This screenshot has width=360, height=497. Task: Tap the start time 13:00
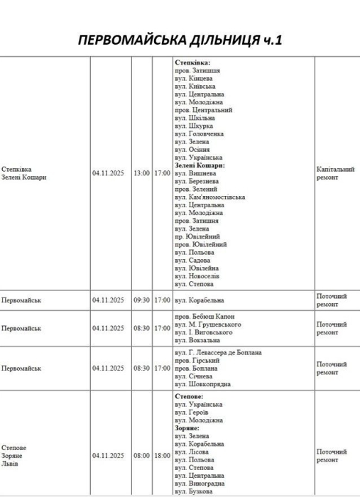pyautogui.click(x=142, y=173)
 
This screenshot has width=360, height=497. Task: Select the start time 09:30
pyautogui.click(x=142, y=300)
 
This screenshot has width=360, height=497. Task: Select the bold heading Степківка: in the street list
pyautogui.click(x=192, y=63)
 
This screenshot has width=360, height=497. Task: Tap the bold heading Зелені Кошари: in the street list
pyautogui.click(x=200, y=165)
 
